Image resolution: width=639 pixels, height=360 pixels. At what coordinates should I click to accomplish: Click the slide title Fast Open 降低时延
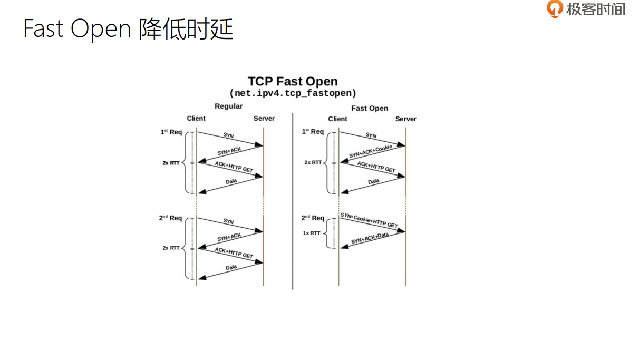click(x=128, y=29)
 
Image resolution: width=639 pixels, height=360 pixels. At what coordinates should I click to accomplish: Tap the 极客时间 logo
click(x=586, y=9)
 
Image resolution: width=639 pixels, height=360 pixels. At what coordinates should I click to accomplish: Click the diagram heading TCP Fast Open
click(x=293, y=82)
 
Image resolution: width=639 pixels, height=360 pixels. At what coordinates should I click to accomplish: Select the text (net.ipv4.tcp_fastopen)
click(x=293, y=93)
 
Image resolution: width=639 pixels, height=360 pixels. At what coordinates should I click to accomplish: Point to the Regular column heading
click(x=228, y=106)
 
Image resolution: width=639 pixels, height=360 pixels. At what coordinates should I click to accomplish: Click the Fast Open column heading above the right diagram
click(x=369, y=108)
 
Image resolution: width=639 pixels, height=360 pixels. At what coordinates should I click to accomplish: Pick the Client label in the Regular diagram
click(x=196, y=119)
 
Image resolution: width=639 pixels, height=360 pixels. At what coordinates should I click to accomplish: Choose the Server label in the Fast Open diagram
click(x=405, y=119)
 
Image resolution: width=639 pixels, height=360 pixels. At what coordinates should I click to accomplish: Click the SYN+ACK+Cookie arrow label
click(x=371, y=152)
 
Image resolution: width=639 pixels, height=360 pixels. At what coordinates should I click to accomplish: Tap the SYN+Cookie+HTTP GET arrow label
click(x=369, y=220)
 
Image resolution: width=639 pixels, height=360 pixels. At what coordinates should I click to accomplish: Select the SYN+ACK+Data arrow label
click(x=370, y=238)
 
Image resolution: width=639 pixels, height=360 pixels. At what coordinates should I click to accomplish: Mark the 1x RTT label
click(x=311, y=233)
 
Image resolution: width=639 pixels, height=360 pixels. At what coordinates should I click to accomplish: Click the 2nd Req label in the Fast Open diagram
click(x=313, y=218)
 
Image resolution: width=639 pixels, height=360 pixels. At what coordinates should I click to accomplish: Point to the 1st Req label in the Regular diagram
click(x=171, y=132)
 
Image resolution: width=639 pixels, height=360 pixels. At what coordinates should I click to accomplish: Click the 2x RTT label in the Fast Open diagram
click(x=313, y=162)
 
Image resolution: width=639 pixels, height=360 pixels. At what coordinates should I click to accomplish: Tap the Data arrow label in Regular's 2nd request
click(x=231, y=268)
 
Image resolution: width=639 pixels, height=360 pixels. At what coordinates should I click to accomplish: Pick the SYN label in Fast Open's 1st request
click(x=371, y=135)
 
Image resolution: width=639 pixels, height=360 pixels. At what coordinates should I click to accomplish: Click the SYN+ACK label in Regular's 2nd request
click(x=229, y=238)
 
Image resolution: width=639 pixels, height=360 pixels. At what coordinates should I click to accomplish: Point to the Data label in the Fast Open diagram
click(x=373, y=181)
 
